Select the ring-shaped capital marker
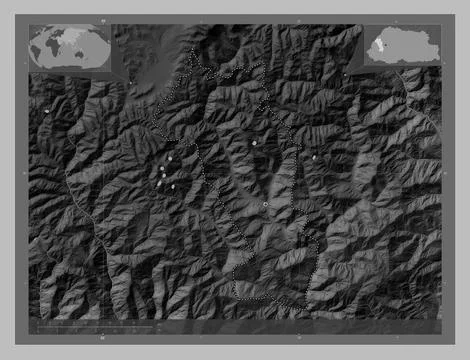[265, 204]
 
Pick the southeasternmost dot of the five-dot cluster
[173, 187]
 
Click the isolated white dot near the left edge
[46, 110]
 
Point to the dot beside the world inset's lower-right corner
[130, 82]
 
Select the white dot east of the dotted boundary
[314, 157]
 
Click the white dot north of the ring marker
[255, 144]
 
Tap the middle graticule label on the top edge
[297, 20]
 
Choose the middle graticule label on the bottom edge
[297, 338]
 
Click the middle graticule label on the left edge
[23, 172]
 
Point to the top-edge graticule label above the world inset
[100, 20]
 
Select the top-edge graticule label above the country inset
[396, 20]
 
